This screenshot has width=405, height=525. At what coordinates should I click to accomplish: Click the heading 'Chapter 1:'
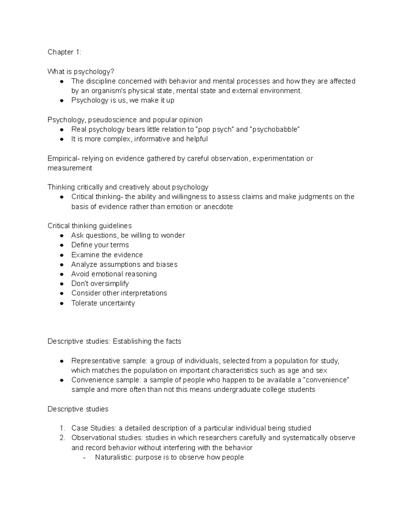point(64,52)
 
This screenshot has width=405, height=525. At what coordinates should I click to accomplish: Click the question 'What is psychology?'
point(81,72)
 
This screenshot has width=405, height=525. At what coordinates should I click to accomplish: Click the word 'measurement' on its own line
point(70,168)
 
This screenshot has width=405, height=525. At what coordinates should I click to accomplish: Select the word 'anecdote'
point(218,207)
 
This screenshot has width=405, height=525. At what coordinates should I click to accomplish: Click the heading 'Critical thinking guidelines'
point(89,226)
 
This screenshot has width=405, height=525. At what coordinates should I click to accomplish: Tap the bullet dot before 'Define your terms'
point(62,245)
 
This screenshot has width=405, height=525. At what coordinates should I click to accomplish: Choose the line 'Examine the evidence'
point(107,255)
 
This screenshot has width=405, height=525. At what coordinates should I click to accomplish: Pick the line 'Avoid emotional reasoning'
point(114,274)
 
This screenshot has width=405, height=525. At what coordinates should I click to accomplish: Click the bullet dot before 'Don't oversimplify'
point(62,284)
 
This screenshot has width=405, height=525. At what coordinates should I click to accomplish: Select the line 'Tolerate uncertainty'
point(103,303)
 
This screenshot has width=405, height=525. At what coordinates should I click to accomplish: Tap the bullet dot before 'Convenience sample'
point(62,380)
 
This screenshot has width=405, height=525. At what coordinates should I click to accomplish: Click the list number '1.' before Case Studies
point(62,428)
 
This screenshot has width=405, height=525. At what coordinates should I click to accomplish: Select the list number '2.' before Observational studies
point(62,438)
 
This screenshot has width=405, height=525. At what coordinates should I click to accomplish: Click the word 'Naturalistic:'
point(114,457)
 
